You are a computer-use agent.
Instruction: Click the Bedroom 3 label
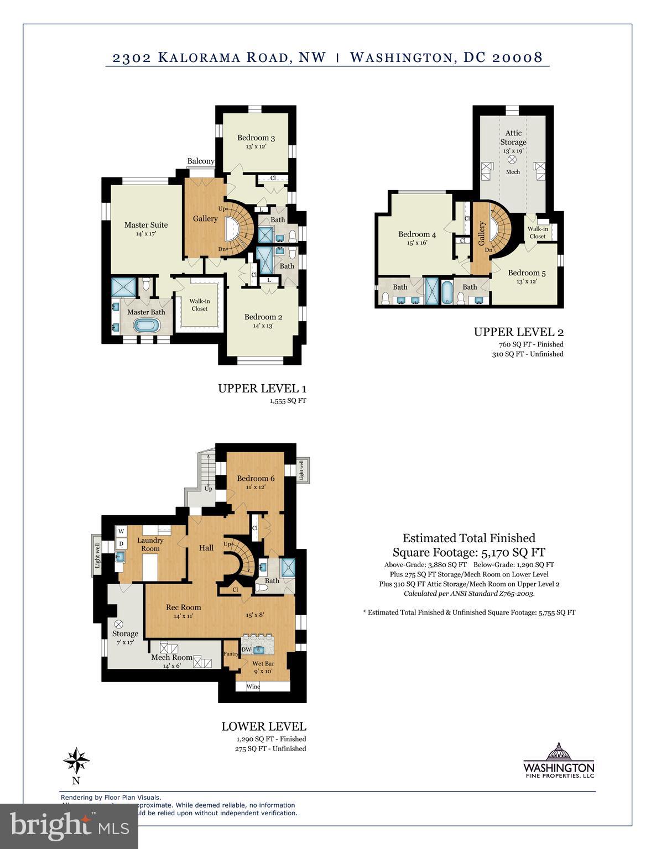point(256,138)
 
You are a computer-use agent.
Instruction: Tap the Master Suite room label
point(146,224)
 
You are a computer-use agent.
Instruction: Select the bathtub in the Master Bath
point(147,325)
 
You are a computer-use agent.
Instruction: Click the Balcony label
point(201,161)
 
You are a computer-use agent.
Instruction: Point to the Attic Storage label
point(513,137)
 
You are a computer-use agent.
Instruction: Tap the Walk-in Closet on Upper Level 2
point(537,232)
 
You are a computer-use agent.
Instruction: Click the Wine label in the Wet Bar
point(253,686)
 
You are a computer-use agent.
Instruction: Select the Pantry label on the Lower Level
point(231,654)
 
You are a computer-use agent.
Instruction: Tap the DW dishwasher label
point(246,649)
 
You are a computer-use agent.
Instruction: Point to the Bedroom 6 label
point(256,478)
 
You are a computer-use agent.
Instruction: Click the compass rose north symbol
point(76,762)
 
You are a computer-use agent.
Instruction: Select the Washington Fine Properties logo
point(559,762)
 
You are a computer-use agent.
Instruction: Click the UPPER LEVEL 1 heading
point(262,388)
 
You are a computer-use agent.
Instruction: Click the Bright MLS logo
point(69,826)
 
